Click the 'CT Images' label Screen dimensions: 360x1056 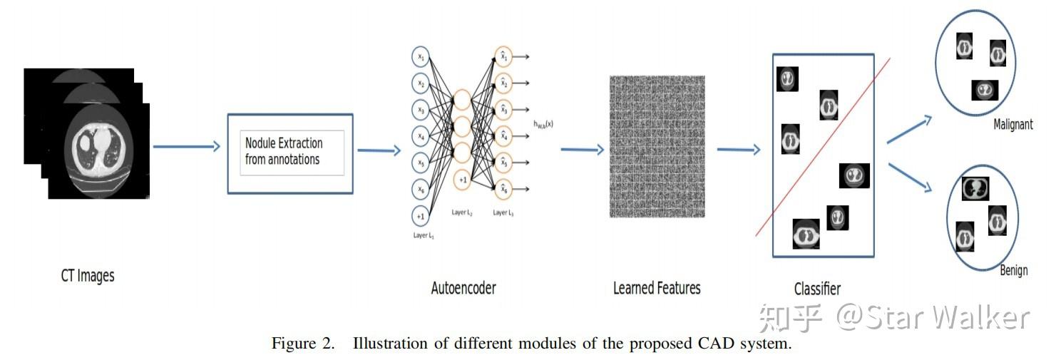87,276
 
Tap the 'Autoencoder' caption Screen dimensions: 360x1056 463,289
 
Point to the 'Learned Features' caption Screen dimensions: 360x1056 657,288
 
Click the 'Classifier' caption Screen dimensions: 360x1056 817,289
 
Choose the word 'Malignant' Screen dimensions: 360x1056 1013,125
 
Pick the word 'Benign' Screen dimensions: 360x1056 1013,270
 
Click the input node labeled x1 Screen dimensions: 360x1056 421,58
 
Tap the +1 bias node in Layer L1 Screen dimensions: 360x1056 421,216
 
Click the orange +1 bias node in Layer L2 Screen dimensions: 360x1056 463,180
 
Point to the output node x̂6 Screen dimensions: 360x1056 503,189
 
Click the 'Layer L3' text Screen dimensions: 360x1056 503,212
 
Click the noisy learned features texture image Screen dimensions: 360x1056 657,146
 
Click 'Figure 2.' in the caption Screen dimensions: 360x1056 302,344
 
